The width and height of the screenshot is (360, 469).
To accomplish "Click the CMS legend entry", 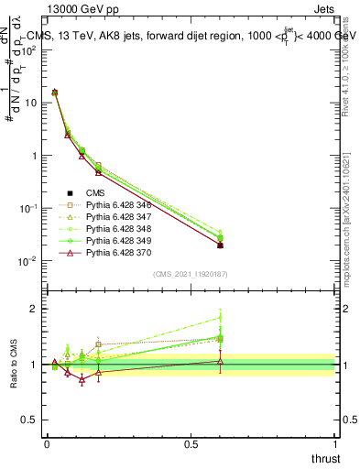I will click(x=96, y=192).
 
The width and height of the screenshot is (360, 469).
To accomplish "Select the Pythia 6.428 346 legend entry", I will click(x=115, y=204).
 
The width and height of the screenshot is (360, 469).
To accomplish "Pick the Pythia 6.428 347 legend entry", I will click(x=115, y=216).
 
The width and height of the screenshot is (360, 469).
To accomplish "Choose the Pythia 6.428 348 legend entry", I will click(x=115, y=228).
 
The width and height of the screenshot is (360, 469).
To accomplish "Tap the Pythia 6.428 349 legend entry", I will click(x=115, y=240).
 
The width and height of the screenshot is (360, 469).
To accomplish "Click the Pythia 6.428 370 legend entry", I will click(x=115, y=252).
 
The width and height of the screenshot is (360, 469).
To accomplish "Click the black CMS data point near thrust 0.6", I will click(x=220, y=245).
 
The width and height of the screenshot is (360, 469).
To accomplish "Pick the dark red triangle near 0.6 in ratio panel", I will click(x=220, y=361).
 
